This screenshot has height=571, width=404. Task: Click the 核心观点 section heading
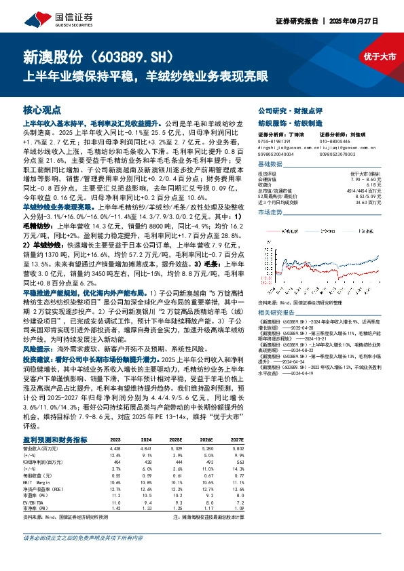(x=41, y=109)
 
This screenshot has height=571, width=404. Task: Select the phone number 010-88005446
(x=327, y=140)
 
